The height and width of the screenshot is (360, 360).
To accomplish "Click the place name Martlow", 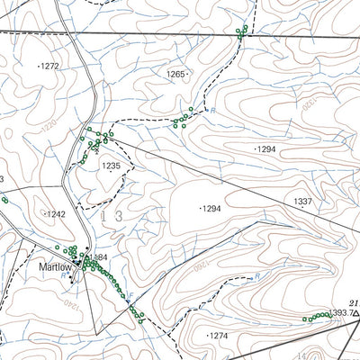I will (x=54, y=266).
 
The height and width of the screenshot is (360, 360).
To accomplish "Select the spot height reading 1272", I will (x=49, y=67).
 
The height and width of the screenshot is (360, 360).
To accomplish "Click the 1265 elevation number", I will (x=175, y=74).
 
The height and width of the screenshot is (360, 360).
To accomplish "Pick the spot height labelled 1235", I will (x=111, y=166).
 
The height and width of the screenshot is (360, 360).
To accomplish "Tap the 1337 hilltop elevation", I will (x=303, y=202).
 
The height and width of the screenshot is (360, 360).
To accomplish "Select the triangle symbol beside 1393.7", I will (x=355, y=313).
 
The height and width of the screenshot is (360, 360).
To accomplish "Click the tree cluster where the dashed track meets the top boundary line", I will (x=240, y=32).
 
